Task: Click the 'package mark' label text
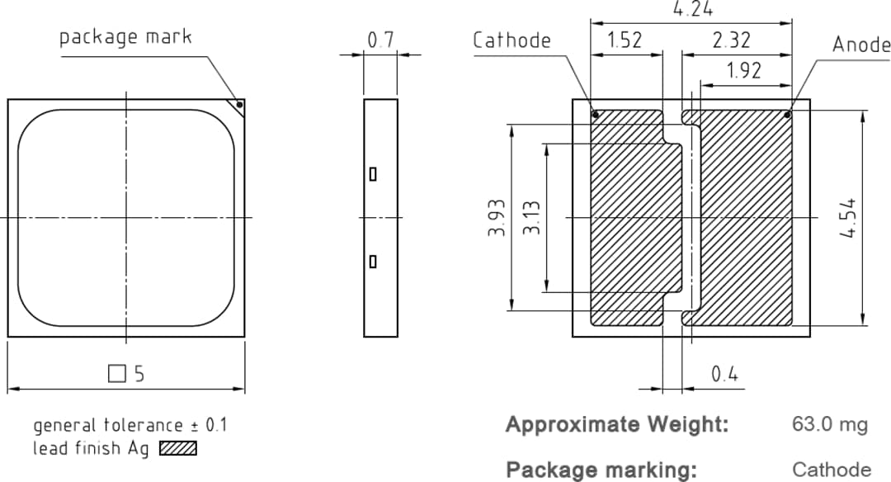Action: [125, 37]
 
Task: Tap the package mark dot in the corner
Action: [239, 105]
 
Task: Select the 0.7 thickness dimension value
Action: [380, 40]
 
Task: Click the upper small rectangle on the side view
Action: [373, 174]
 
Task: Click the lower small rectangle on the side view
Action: [373, 262]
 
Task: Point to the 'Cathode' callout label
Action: [511, 40]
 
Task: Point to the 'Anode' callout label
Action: [860, 45]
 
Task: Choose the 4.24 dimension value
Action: [693, 10]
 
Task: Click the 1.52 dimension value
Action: [625, 40]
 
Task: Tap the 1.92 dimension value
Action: [744, 71]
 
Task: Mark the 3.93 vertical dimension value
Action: [497, 218]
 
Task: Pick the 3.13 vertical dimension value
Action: [532, 218]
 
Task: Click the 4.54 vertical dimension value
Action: [846, 218]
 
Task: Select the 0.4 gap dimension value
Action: [724, 375]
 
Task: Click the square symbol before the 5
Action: [117, 374]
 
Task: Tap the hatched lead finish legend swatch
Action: [178, 448]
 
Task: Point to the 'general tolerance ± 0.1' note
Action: [130, 426]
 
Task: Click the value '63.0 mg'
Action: [830, 425]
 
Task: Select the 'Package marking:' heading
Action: [601, 470]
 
